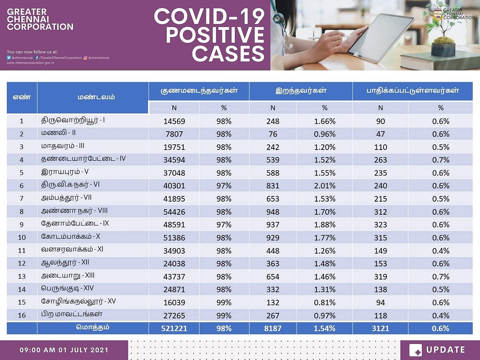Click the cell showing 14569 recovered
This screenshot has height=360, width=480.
[174, 121]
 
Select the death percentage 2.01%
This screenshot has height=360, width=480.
[324, 186]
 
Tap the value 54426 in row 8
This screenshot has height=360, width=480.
[174, 212]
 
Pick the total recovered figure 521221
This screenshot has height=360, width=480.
[174, 328]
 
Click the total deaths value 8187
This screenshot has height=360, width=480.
[273, 328]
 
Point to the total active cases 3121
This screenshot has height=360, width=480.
[380, 328]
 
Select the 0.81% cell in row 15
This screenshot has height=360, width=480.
[324, 302]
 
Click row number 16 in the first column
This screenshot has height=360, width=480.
[22, 316]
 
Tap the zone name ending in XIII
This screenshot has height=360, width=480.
[68, 276]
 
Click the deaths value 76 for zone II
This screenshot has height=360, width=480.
[273, 134]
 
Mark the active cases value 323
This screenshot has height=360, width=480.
[380, 224]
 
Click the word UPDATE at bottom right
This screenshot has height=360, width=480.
[446, 350]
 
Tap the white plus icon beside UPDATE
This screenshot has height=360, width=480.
[416, 350]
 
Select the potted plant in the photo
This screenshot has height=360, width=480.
[443, 36]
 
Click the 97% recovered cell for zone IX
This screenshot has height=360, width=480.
[224, 224]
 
